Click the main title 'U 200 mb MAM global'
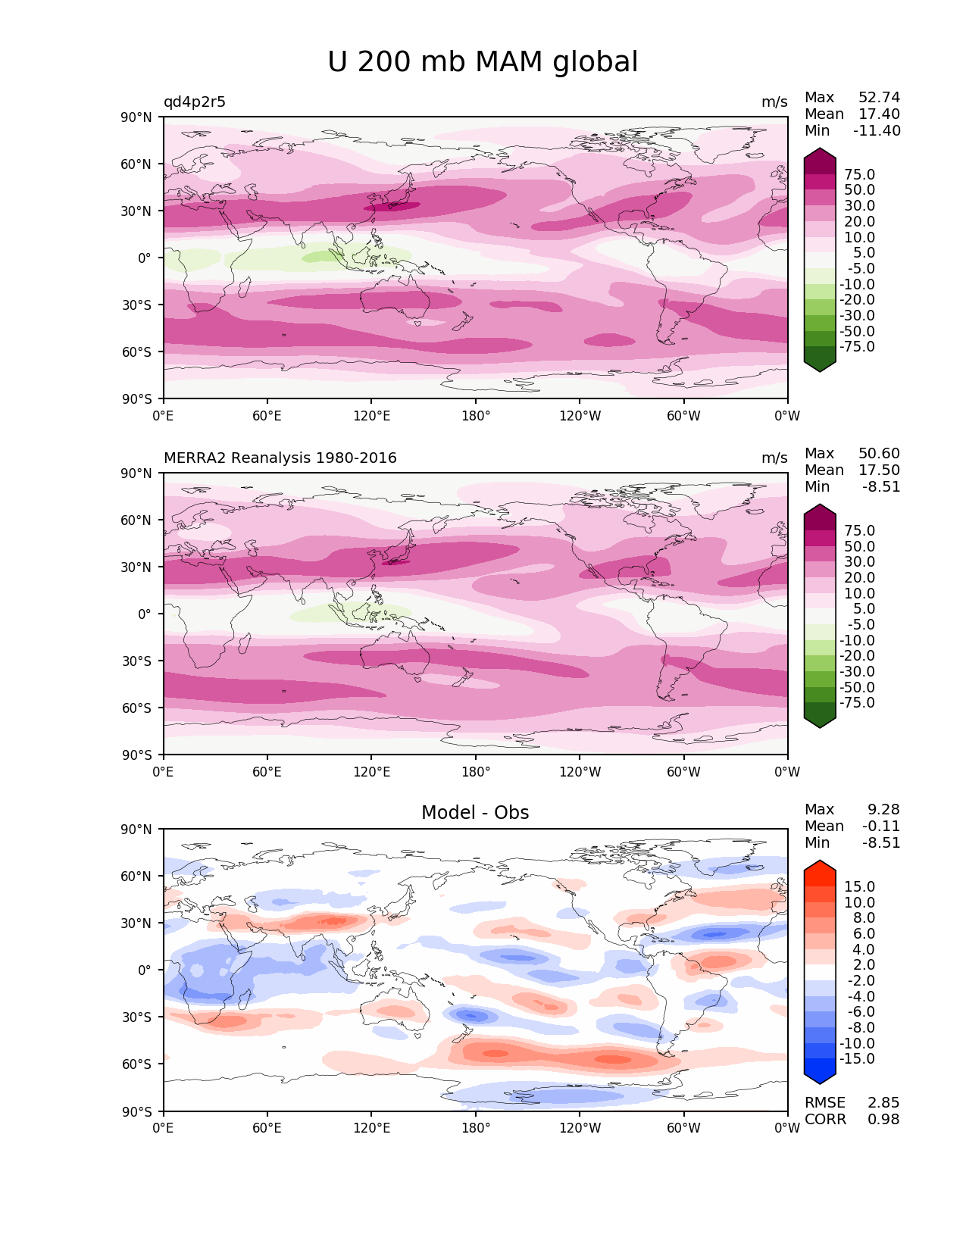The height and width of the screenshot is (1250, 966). (x=483, y=62)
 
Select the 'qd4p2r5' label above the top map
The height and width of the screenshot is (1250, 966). (x=195, y=102)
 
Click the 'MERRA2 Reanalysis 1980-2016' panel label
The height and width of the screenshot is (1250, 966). (x=280, y=458)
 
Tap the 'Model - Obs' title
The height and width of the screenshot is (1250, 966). (x=475, y=813)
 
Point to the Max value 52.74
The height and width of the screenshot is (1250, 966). (x=879, y=98)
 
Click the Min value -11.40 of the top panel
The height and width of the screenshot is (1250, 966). (x=877, y=131)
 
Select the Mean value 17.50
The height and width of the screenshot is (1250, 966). (x=879, y=470)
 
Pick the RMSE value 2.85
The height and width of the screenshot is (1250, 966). (x=883, y=1103)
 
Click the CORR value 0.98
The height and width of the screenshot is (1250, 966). (x=883, y=1120)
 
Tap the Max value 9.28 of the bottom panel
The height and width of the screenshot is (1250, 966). (x=883, y=810)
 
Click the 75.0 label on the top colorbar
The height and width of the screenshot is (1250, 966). (x=859, y=175)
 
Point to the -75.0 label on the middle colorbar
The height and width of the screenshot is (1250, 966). (x=857, y=703)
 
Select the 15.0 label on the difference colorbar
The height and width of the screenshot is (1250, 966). (x=859, y=887)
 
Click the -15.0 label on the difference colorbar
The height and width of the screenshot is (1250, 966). (x=857, y=1059)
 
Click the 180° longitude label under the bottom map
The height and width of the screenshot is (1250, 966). (x=476, y=1128)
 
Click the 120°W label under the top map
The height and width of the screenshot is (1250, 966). (x=580, y=416)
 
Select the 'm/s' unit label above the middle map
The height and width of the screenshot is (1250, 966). (x=774, y=458)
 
